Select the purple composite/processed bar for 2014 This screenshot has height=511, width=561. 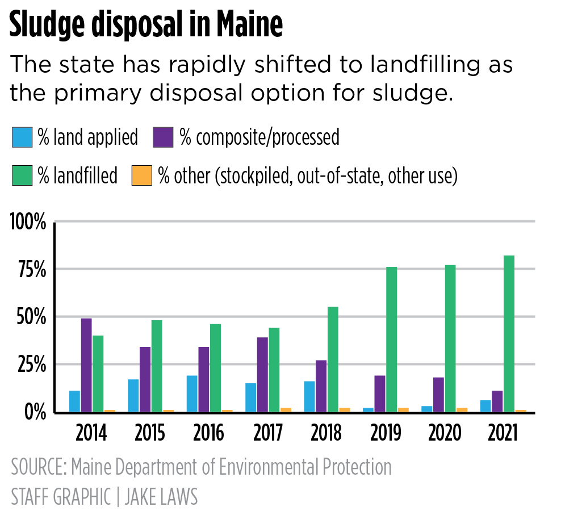(86, 365)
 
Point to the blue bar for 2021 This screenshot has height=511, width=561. (485, 406)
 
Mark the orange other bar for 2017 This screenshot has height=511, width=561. (286, 409)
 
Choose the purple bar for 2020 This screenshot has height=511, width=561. (438, 395)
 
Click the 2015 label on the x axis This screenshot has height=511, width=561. (150, 434)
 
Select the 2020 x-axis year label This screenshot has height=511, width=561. (443, 434)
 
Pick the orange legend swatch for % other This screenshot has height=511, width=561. (141, 175)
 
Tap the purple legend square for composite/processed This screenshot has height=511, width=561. (164, 137)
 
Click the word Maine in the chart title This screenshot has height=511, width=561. (240, 25)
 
